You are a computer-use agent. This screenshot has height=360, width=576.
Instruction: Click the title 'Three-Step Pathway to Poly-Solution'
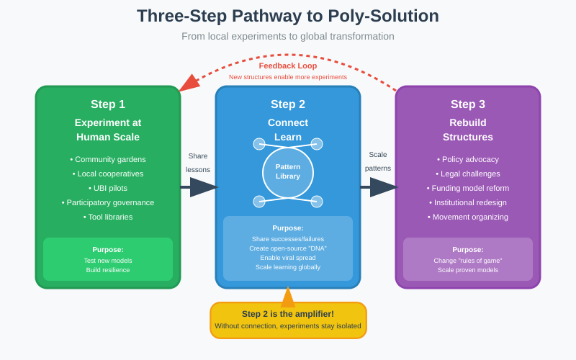[x=288, y=16]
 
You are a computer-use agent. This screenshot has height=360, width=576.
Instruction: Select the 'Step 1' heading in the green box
[x=108, y=104]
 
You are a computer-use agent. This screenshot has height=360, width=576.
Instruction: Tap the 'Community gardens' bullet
[x=108, y=159]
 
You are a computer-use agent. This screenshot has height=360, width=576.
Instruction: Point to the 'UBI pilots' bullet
[x=108, y=188]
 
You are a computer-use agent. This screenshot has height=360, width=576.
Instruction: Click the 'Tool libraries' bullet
[x=108, y=217]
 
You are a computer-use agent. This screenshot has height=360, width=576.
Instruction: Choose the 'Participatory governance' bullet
[x=108, y=202]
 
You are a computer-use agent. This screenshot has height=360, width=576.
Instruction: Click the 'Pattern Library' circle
[x=288, y=172]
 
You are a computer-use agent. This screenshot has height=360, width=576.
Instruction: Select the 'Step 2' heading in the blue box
[x=288, y=104]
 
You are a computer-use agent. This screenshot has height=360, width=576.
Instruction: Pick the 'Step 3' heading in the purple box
[x=468, y=104]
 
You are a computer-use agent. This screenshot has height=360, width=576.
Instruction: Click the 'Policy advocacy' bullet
[x=468, y=159]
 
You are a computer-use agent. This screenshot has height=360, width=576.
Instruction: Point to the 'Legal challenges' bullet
[x=468, y=174]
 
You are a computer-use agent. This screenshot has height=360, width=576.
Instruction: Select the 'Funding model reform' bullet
[x=468, y=188]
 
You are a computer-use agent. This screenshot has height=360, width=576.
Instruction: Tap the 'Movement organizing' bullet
[x=468, y=217]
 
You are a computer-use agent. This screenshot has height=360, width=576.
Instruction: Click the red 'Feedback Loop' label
[x=288, y=66]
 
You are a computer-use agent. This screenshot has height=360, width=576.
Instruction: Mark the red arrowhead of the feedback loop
[x=188, y=84]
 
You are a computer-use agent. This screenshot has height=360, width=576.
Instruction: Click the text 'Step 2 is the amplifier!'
[x=288, y=313]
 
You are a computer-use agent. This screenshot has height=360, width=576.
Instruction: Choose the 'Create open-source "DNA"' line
[x=288, y=248]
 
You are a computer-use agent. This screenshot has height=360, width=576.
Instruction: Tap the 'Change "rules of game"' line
[x=468, y=261]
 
